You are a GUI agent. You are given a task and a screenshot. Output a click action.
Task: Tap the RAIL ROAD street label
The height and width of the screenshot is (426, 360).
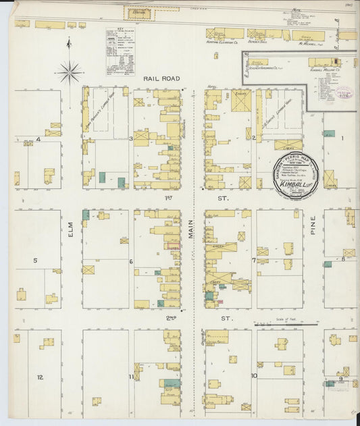pos(162,79)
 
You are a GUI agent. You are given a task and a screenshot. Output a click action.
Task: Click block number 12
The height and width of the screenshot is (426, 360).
pos(41,377)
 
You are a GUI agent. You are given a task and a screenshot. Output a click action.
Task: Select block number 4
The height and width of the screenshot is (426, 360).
pos(38,140)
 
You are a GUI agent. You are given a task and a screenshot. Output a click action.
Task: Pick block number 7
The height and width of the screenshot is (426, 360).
pos(254,261)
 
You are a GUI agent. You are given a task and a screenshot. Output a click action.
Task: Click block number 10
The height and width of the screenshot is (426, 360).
pos(254,376)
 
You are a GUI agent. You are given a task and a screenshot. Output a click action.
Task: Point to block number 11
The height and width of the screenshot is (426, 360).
pos(130,376)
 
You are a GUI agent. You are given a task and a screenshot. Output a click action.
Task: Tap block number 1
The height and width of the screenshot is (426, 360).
pos(342,138)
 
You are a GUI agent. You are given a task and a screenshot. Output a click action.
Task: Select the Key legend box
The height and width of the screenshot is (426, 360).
pos(120,51)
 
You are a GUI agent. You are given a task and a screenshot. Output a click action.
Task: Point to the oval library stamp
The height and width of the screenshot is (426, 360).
pos(344,92)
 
